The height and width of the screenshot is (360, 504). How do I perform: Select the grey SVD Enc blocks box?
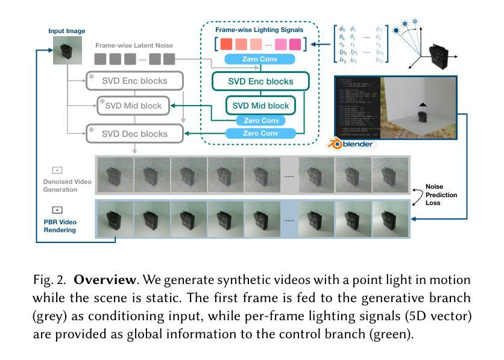point(134,81)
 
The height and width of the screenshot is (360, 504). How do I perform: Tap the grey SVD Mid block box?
point(133,106)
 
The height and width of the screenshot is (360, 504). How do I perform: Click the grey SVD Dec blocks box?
point(134,133)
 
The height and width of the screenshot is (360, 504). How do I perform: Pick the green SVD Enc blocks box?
point(260,81)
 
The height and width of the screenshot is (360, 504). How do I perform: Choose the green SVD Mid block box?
point(260,106)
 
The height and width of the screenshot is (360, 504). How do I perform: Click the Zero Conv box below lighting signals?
point(259,59)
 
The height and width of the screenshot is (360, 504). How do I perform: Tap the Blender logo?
point(351,144)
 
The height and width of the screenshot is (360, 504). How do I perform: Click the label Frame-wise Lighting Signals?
point(259,30)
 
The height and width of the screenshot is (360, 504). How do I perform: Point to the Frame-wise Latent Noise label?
point(134,45)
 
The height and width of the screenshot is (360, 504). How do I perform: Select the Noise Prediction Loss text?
point(441,194)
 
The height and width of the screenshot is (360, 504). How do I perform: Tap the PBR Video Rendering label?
point(60,226)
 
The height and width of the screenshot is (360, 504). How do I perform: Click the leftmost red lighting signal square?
point(226,44)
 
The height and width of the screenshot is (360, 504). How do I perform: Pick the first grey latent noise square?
point(100,59)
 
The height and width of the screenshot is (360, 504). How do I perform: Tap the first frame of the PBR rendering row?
point(115,219)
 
